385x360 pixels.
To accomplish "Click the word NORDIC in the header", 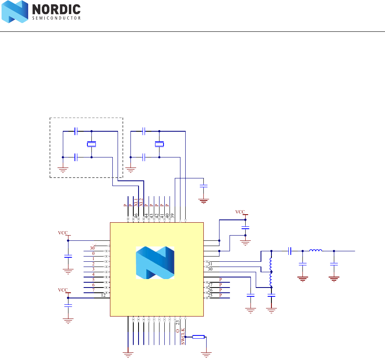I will pos(56,10).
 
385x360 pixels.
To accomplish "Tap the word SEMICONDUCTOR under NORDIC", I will pos(56,18).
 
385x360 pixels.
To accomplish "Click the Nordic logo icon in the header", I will pos(15,12).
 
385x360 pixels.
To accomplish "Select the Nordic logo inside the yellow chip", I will pos(155,263).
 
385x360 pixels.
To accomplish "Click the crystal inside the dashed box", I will pos(92,144).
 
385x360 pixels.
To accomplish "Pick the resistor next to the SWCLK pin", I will pos(199,337).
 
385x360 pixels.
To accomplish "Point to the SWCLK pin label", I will pos(183,336).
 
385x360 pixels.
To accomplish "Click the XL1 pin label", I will pos(136,202).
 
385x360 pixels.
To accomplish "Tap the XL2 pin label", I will pos(141,202).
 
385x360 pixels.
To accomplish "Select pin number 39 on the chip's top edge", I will pos(172,215).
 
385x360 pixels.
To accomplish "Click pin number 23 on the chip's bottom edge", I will pos(178,323).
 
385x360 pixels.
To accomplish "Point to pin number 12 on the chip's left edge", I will pos(103,295).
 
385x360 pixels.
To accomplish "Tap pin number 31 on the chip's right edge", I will pos(210,264).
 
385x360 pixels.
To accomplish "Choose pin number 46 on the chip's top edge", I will pos(136,215).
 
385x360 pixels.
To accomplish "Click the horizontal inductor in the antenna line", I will pos(316,251).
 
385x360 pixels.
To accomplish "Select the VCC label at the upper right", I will pos(240,212).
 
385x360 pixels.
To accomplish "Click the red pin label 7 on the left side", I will pos(93,290).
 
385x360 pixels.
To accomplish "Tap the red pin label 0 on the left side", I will pos(93,253).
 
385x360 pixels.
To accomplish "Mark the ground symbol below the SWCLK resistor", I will pos(207,354).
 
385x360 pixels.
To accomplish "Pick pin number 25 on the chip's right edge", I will pos(210,295).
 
